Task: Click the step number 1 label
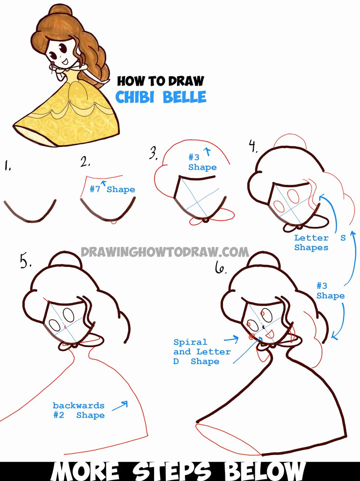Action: [8, 167]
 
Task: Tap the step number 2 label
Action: [86, 162]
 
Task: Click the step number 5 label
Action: [26, 262]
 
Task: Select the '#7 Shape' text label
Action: [112, 189]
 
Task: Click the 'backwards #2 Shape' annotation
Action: [79, 410]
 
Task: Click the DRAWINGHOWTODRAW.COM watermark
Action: [165, 252]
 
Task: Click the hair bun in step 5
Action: [63, 260]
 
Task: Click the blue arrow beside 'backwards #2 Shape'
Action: [120, 405]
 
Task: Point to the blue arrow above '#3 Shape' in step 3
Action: [208, 153]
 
